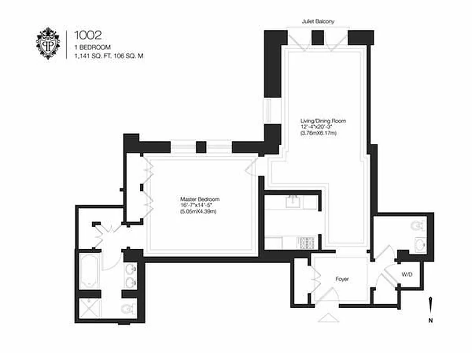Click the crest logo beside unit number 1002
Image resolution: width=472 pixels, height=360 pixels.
point(48,43)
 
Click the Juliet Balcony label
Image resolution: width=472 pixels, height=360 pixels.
point(318,21)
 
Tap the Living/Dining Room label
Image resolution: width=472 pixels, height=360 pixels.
point(323,121)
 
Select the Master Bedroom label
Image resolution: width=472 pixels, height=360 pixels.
point(200,199)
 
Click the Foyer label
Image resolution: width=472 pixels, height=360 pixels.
point(342,279)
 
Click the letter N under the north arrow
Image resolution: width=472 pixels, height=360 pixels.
point(430,321)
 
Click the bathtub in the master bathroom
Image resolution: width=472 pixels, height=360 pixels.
point(90,271)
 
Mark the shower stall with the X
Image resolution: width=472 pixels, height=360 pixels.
point(90,308)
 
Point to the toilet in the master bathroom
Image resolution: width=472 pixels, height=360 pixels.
point(128,308)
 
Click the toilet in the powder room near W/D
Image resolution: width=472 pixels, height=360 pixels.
point(418,224)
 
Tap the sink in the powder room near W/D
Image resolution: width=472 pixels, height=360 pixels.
point(421,245)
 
